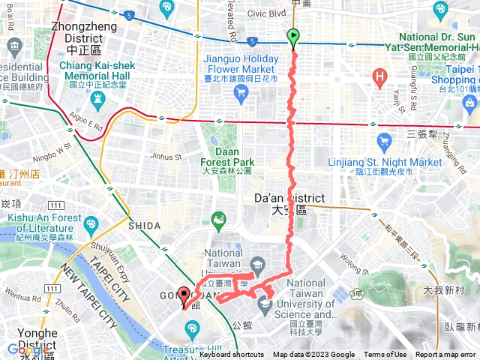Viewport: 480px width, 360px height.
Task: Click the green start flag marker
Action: coord(293,36)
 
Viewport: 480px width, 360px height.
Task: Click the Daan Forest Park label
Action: coord(227,161)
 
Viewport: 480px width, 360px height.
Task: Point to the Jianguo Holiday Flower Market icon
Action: coord(241,92)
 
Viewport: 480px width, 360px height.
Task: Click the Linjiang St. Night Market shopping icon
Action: coord(385,140)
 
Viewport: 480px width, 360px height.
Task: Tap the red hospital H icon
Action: coord(380,76)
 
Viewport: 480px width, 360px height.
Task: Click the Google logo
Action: coord(28,349)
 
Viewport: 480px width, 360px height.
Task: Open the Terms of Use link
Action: coord(385,355)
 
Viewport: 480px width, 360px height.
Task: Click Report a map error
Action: coord(445,355)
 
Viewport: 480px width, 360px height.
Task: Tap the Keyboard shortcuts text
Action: coord(231,355)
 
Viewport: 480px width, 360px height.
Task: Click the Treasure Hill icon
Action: coord(192,328)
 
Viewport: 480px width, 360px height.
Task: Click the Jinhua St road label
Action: coord(166,157)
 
